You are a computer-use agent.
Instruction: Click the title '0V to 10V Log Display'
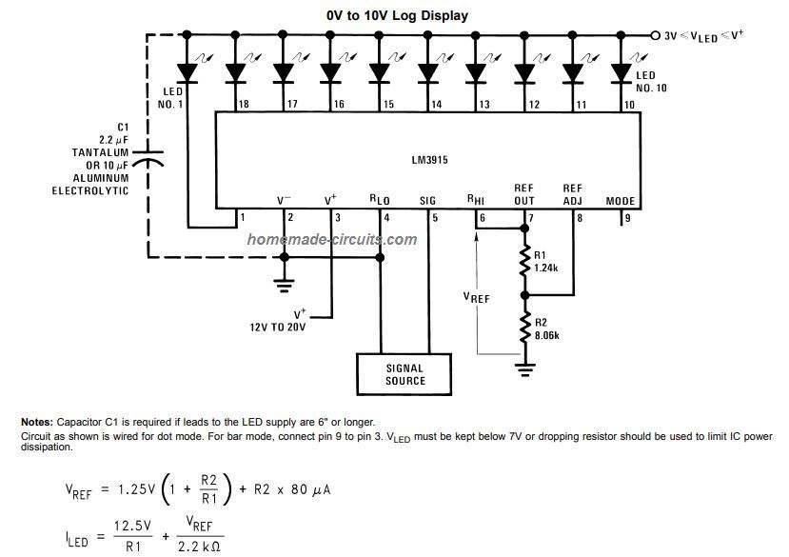point(397,15)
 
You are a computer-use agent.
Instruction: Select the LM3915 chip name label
point(429,160)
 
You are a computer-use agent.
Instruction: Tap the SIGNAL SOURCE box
point(404,374)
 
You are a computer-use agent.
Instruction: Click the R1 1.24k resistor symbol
point(524,261)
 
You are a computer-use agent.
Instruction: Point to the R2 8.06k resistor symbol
point(524,328)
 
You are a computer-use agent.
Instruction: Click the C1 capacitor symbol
point(148,158)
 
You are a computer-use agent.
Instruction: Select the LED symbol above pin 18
point(235,72)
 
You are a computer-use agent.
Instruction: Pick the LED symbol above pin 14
point(427,72)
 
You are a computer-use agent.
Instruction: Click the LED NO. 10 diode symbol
point(621,72)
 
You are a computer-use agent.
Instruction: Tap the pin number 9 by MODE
point(627,219)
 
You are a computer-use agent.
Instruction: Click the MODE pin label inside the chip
point(621,201)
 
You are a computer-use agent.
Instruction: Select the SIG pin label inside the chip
point(427,201)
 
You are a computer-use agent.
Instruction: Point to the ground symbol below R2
point(524,369)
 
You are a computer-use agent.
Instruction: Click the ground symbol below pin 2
point(285,285)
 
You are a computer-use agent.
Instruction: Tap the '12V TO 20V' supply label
point(278,327)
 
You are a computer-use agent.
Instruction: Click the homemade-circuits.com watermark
point(332,239)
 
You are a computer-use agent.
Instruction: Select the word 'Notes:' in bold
point(37,422)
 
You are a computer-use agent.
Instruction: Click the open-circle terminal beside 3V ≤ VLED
point(655,35)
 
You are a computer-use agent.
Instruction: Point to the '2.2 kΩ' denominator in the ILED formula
point(199,547)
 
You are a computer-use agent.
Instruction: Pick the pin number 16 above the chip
point(339,104)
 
